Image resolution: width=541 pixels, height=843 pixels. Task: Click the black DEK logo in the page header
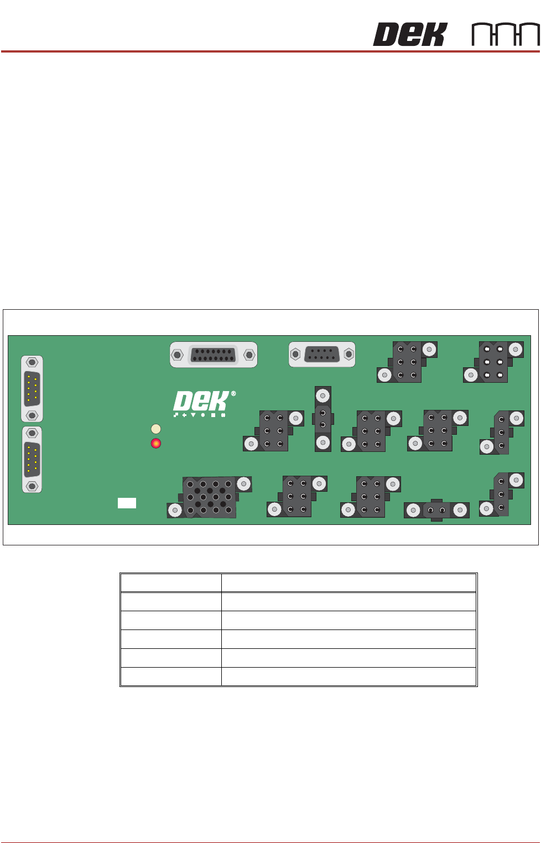click(410, 34)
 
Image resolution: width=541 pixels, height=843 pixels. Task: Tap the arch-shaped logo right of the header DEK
click(506, 34)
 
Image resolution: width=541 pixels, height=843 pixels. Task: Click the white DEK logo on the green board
click(201, 401)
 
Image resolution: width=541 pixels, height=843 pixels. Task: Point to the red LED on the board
click(156, 443)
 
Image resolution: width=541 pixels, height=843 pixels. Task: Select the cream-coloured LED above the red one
click(156, 429)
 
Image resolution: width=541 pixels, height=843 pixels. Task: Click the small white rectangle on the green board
click(127, 503)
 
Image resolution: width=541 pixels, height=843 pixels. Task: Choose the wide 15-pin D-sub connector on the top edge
click(214, 355)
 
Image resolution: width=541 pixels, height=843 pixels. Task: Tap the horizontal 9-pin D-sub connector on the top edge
click(322, 354)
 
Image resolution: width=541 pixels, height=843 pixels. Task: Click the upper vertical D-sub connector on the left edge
click(32, 389)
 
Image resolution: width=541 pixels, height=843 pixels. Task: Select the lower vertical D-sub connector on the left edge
click(32, 460)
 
